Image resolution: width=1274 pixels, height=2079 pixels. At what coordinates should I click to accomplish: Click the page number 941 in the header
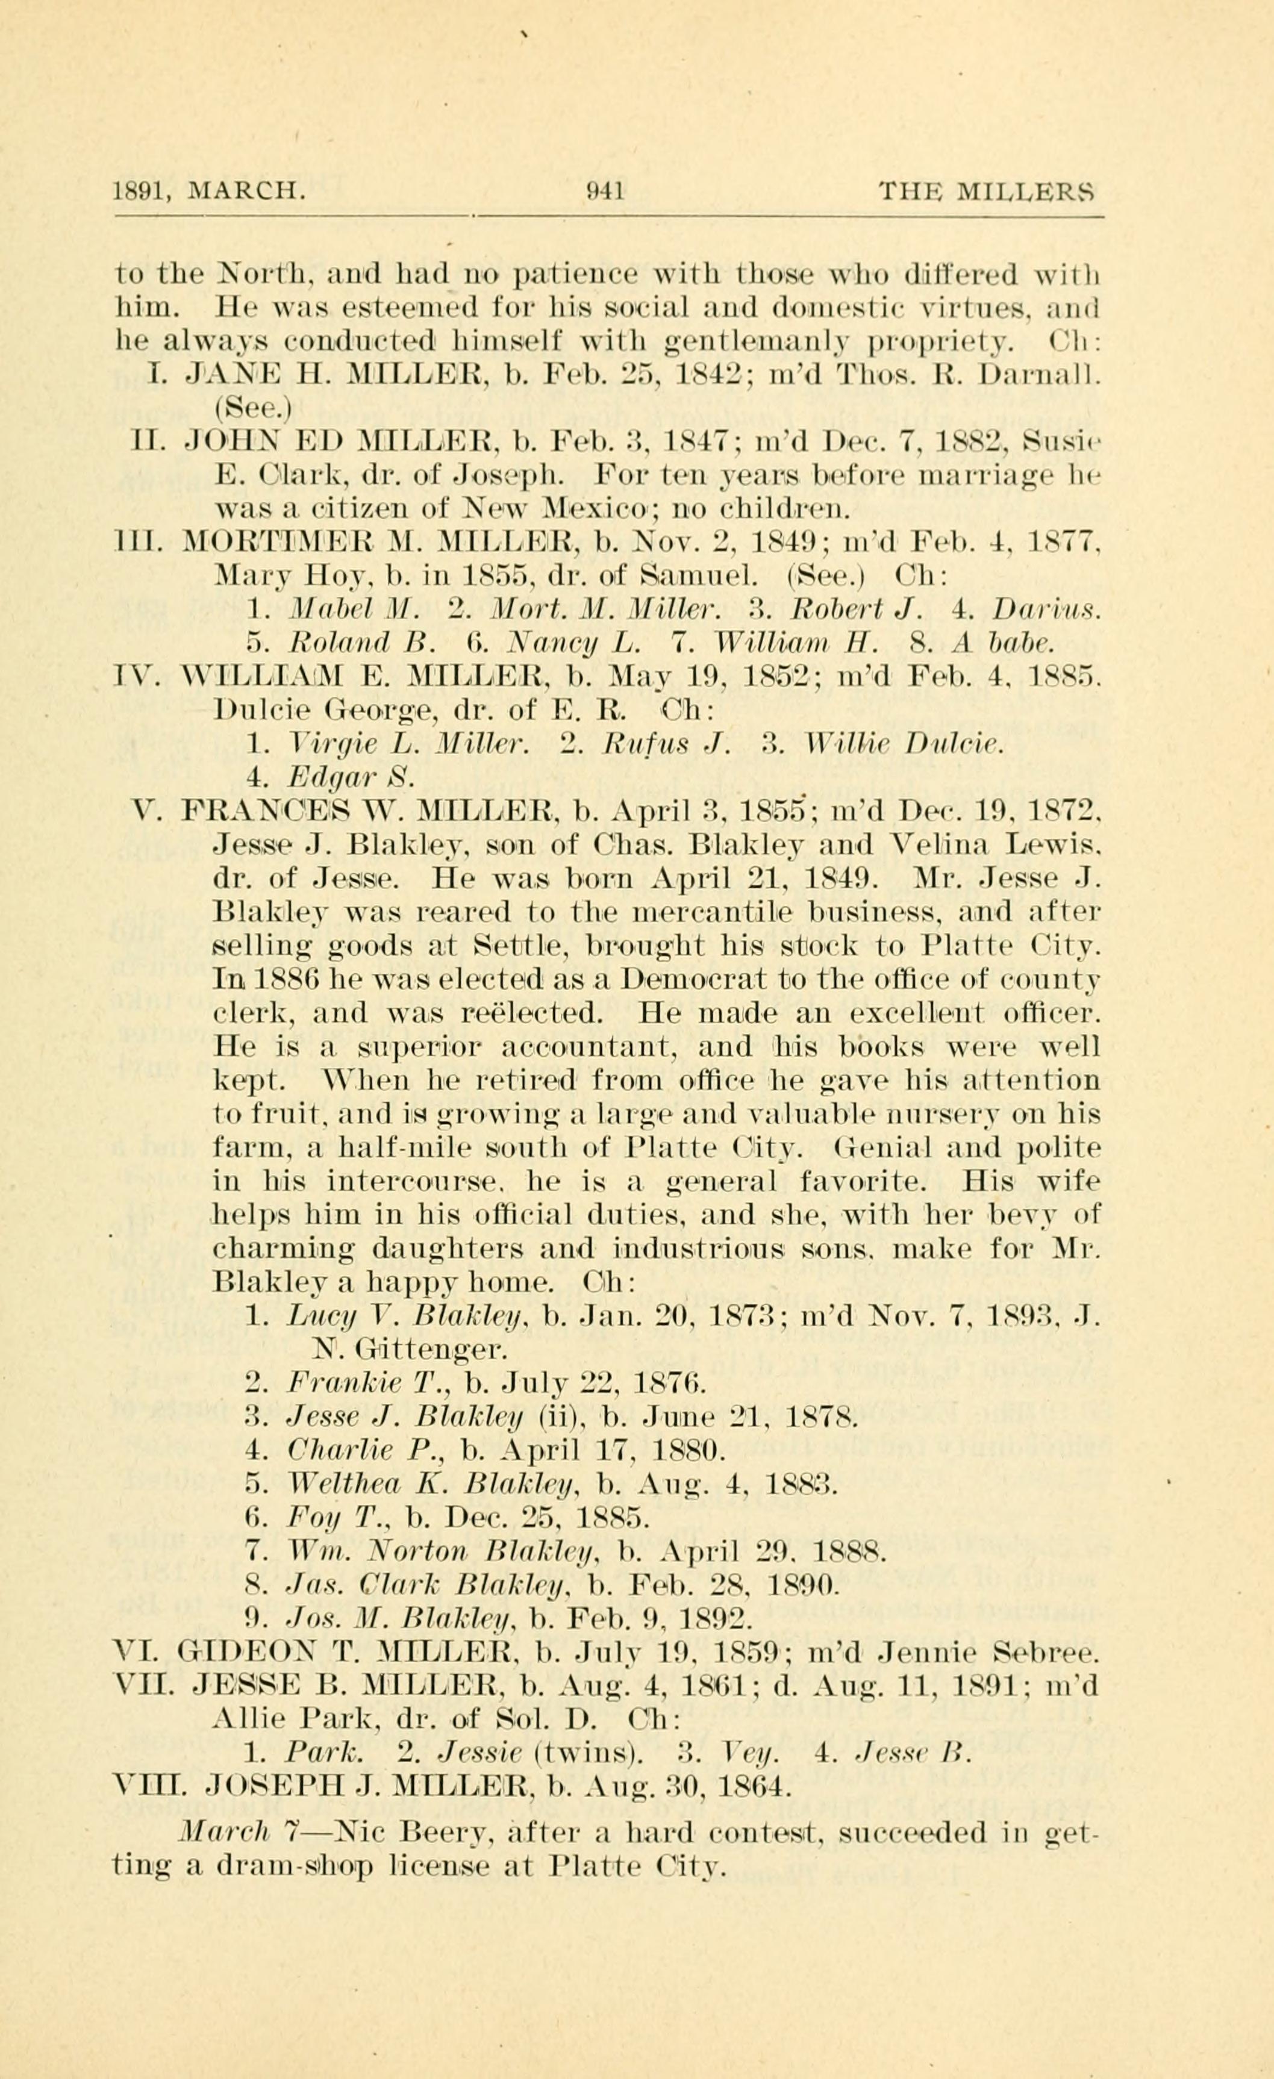(x=605, y=192)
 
